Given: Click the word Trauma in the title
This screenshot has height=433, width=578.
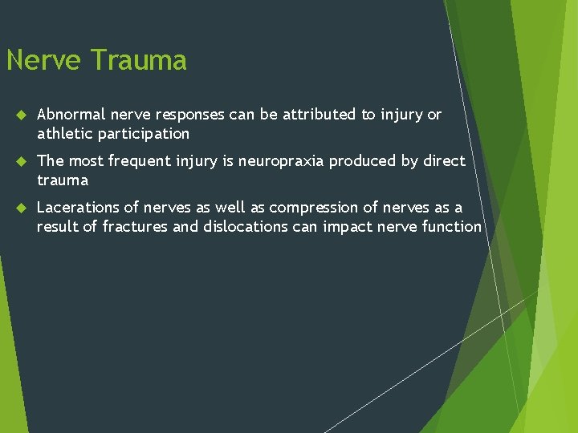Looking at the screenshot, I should tap(138, 60).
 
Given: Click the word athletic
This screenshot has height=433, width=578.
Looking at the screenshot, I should tap(64, 134).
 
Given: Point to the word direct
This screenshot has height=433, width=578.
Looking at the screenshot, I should tap(444, 161).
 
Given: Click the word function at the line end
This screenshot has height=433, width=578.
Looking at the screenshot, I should tap(450, 227).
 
